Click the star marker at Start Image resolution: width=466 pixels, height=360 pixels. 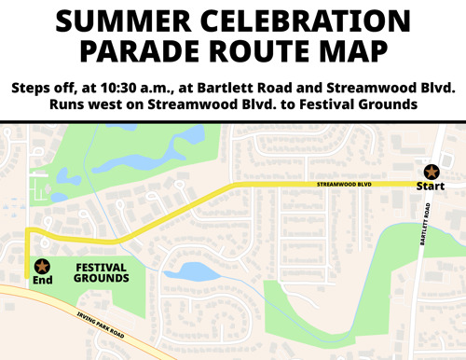[x=431, y=172]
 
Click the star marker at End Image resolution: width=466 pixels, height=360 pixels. [x=42, y=268]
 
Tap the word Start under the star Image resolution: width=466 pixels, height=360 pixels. [x=431, y=188]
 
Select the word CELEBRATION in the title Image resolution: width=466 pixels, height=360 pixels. [x=302, y=21]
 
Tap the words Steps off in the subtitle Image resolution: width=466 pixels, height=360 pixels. [x=43, y=87]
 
